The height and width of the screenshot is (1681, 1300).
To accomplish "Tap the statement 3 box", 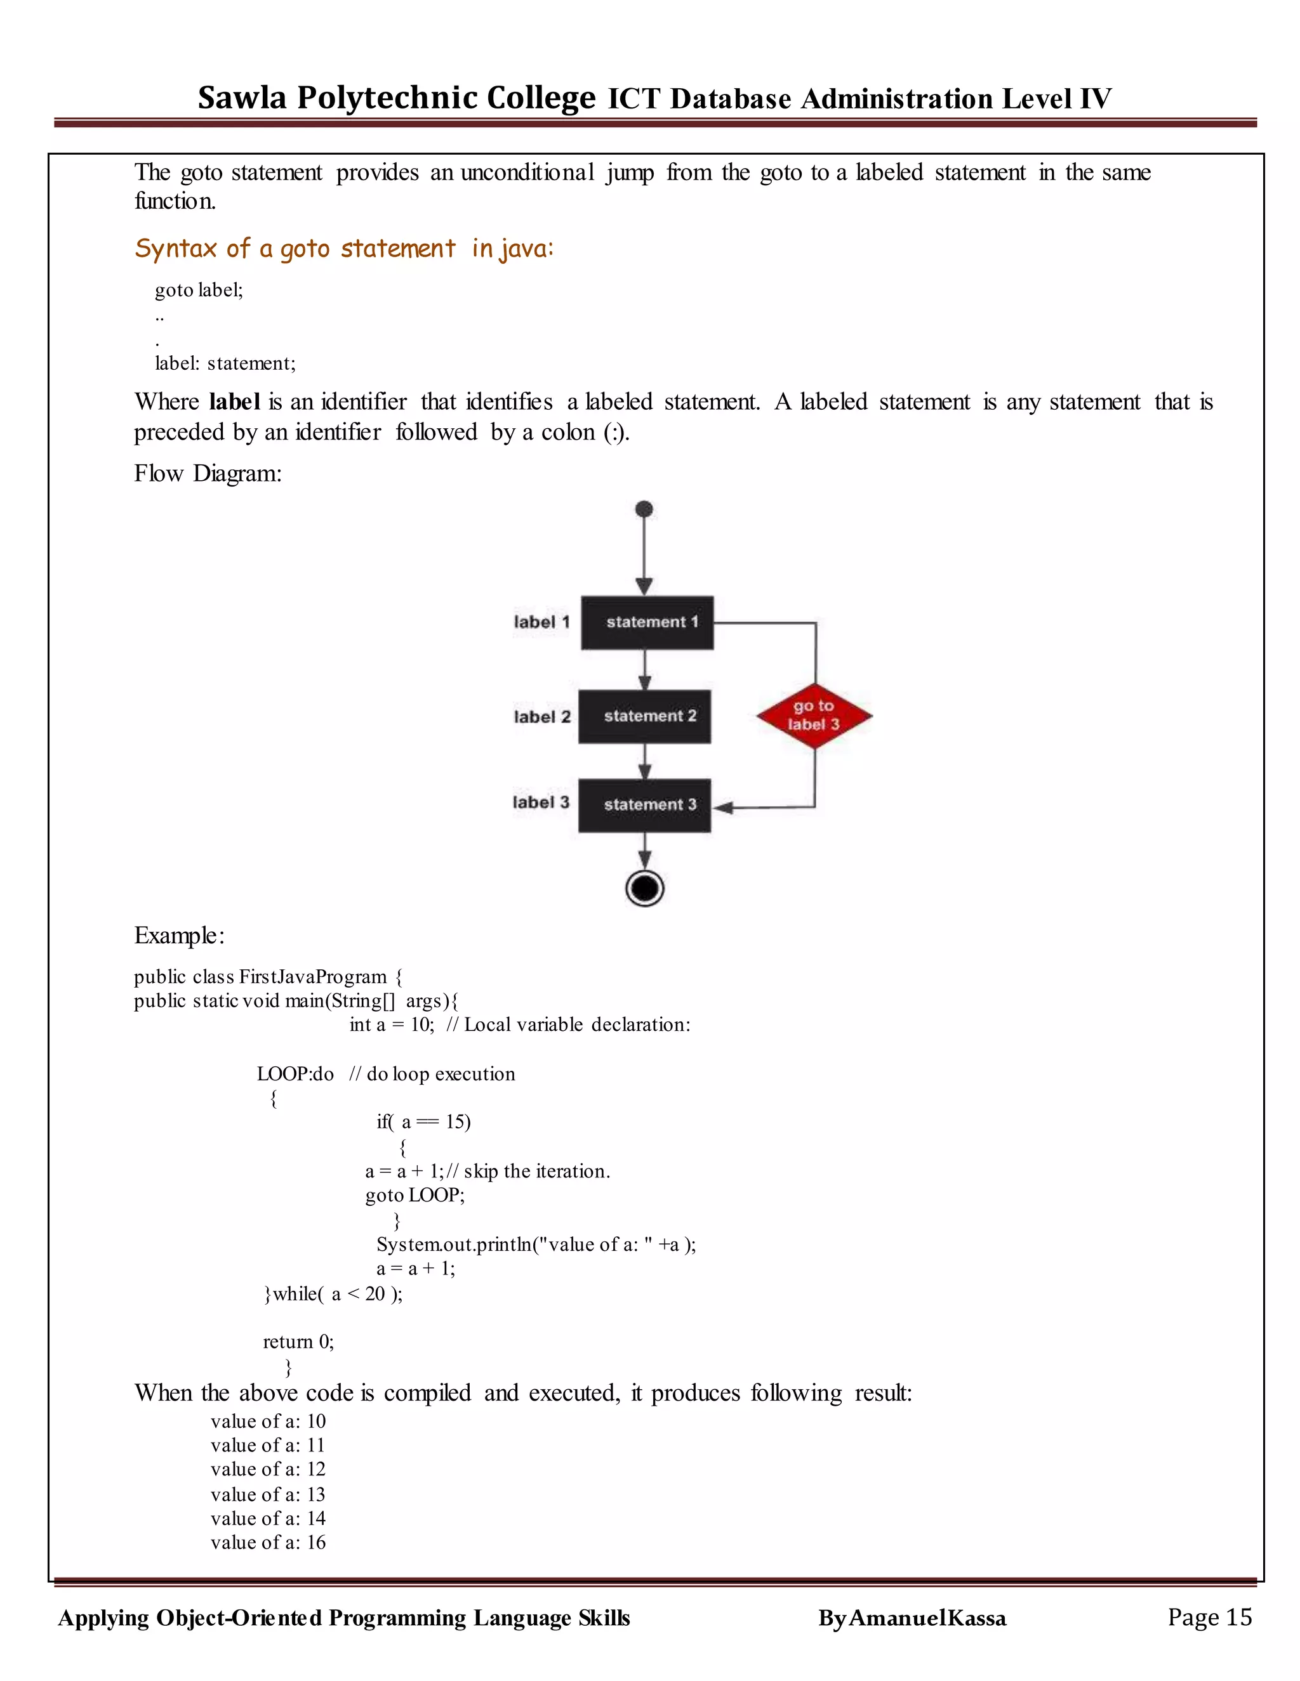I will click(x=645, y=805).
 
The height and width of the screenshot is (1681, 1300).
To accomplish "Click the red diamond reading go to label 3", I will click(x=814, y=716).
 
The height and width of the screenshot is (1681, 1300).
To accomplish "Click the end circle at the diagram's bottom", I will click(x=645, y=888).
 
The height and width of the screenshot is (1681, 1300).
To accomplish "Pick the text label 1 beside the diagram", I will click(x=541, y=622).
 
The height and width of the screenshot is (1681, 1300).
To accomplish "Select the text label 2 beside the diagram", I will click(x=542, y=717).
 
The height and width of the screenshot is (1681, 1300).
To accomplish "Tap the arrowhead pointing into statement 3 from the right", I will click(x=721, y=808).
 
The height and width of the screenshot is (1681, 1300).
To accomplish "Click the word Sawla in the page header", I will click(x=242, y=98).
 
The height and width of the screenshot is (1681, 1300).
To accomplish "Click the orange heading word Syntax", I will click(x=176, y=249).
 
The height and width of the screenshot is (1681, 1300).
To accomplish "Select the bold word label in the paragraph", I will click(x=234, y=402).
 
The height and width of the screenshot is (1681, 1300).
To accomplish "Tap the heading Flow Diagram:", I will click(x=208, y=473).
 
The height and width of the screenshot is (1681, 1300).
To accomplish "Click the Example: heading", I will click(x=178, y=935).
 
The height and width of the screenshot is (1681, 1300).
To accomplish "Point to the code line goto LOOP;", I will click(x=415, y=1194).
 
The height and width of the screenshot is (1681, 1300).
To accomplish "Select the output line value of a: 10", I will click(x=268, y=1421).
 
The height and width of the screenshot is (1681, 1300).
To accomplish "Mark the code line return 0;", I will click(x=298, y=1342).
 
